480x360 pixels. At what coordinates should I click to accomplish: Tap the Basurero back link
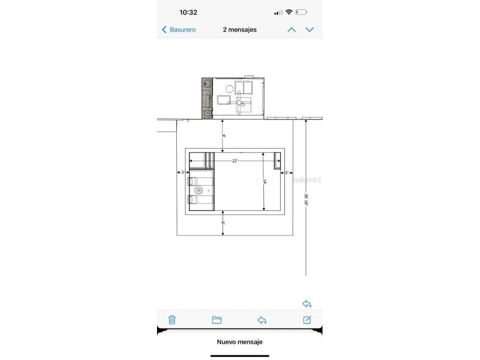(x=179, y=30)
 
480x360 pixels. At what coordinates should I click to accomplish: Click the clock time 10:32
(x=188, y=13)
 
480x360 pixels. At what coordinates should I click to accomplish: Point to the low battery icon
(x=301, y=12)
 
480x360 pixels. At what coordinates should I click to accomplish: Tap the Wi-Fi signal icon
(x=289, y=12)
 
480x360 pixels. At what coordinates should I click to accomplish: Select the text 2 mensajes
(x=240, y=30)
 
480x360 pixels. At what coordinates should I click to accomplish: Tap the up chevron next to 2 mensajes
(x=292, y=30)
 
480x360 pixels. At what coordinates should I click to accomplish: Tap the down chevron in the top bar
(x=310, y=30)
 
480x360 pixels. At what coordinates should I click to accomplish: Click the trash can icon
(x=172, y=320)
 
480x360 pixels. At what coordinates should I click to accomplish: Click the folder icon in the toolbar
(x=217, y=320)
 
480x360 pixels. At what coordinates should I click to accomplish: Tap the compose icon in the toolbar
(x=307, y=320)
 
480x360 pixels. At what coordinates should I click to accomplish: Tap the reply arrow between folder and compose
(x=262, y=320)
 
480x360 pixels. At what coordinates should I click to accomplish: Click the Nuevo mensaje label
(x=240, y=342)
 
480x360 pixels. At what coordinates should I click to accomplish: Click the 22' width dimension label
(x=234, y=161)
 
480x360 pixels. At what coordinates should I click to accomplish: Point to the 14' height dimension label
(x=264, y=181)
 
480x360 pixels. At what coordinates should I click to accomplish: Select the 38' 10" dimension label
(x=306, y=200)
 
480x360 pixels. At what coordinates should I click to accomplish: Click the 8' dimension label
(x=224, y=136)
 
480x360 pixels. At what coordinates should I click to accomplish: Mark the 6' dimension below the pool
(x=224, y=225)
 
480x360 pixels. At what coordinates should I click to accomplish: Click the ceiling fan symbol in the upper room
(x=240, y=103)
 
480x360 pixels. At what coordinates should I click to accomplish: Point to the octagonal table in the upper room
(x=229, y=89)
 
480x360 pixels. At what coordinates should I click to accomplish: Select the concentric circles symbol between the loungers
(x=199, y=190)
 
